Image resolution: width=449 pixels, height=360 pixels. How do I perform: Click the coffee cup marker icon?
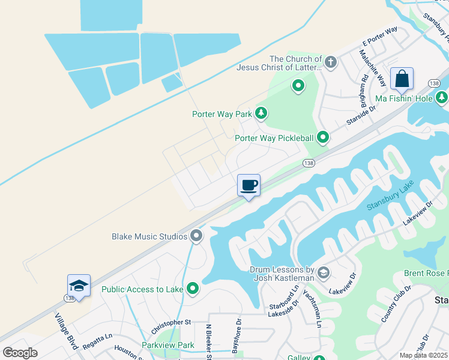click(x=249, y=185)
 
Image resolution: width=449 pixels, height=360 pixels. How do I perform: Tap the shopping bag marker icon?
click(x=401, y=79)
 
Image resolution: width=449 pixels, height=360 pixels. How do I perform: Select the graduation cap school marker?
click(x=78, y=285)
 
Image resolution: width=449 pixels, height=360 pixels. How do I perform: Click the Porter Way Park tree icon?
click(x=261, y=113)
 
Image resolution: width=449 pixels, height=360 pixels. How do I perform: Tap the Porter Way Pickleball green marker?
click(x=323, y=138)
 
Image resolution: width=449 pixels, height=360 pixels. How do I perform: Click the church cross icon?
click(x=330, y=62)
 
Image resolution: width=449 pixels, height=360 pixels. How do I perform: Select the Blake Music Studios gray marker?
click(x=196, y=236)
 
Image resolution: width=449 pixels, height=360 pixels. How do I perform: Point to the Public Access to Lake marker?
click(x=193, y=289)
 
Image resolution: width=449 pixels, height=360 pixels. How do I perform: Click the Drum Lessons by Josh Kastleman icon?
click(x=323, y=274)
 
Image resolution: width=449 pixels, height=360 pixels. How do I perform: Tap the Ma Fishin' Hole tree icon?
click(x=442, y=97)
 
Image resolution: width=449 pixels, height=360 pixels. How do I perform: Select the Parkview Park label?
click(x=168, y=345)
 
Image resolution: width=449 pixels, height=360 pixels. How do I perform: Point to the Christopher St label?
click(x=170, y=322)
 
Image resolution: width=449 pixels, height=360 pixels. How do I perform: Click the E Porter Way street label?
click(x=380, y=37)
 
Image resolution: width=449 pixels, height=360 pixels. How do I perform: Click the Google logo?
click(x=20, y=353)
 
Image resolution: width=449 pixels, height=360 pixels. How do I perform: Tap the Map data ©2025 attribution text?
click(x=423, y=355)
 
